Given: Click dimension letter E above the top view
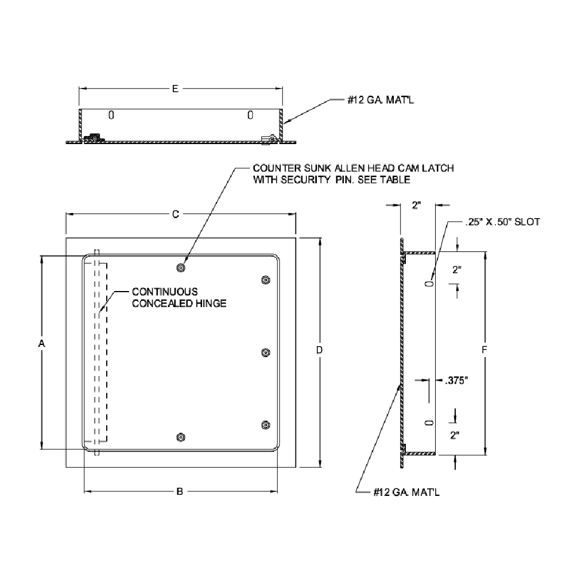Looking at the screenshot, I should [x=176, y=88].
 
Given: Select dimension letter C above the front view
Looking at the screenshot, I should [x=176, y=214].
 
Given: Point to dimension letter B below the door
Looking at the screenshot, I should [x=179, y=491].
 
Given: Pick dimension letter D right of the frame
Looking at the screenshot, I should [x=320, y=350].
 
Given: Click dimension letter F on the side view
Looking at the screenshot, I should [x=485, y=349].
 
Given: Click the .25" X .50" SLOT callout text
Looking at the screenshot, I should [x=502, y=222].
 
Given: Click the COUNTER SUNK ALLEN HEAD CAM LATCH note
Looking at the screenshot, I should [x=354, y=173].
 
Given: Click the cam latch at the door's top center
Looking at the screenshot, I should [x=181, y=267].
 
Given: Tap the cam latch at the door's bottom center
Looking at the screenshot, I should [x=181, y=437].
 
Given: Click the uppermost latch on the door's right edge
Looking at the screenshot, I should [x=265, y=280].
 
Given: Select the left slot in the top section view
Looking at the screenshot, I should [x=111, y=115].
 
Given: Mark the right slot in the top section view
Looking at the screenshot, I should [x=250, y=115].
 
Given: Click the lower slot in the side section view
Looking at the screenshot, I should [x=428, y=423].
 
